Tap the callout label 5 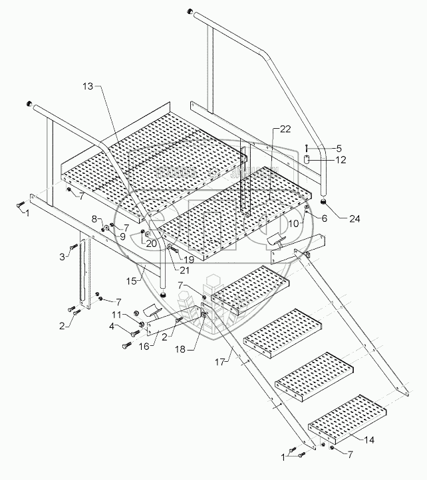pyautogui.click(x=338, y=148)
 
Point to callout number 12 pyautogui.click(x=340, y=160)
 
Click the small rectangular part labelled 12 pyautogui.click(x=307, y=160)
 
